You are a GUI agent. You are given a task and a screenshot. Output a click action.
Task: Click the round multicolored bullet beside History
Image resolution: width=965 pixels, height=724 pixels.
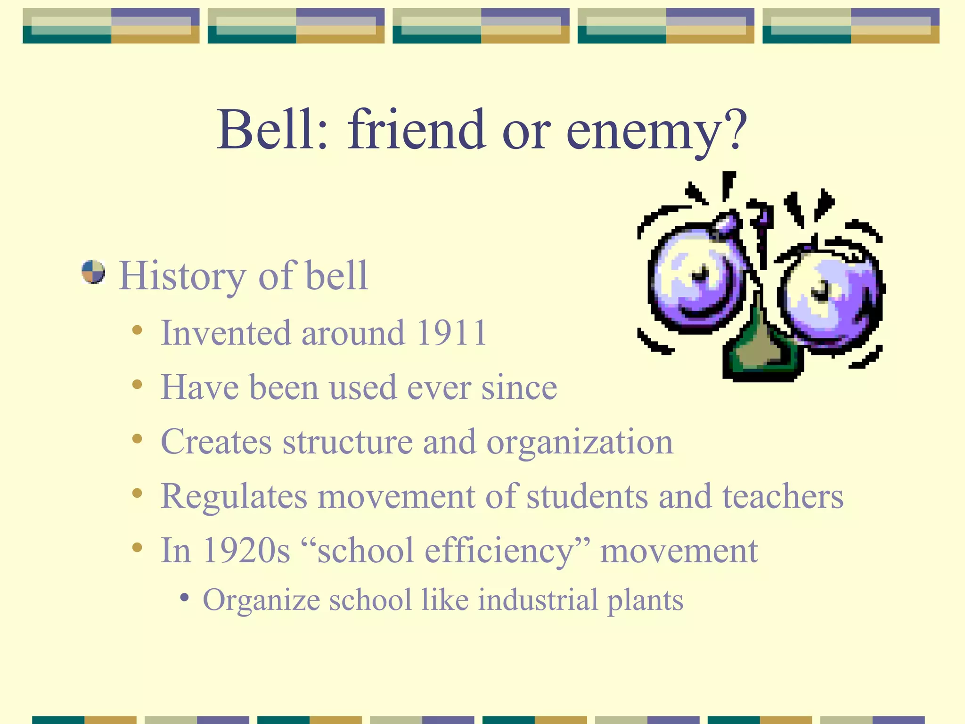(93, 272)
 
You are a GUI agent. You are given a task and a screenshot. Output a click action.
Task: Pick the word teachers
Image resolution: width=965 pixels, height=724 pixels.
(783, 497)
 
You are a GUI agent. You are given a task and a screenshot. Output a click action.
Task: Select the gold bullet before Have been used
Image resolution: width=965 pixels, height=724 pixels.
(137, 385)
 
